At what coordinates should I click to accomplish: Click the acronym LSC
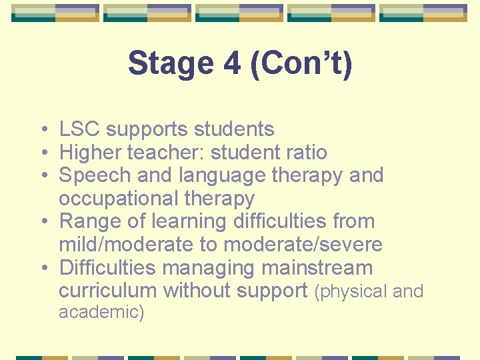(80, 129)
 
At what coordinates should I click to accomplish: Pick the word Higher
(91, 152)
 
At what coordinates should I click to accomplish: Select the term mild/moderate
(126, 245)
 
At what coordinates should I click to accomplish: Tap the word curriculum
(108, 291)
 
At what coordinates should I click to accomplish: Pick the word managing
(208, 268)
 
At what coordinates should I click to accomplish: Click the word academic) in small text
(101, 312)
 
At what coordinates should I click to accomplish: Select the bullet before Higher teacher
(43, 152)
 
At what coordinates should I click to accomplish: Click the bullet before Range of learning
(43, 221)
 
